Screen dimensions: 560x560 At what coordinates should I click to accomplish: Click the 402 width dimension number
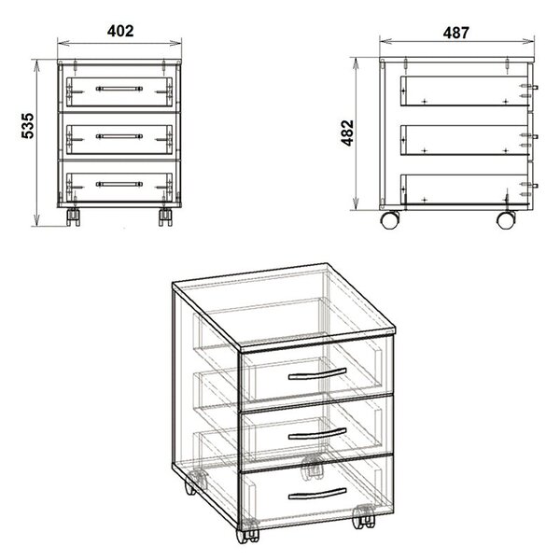tap(120, 31)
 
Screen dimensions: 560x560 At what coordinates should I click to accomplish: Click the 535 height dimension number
tap(28, 126)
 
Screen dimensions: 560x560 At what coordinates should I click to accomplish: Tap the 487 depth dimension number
tap(455, 33)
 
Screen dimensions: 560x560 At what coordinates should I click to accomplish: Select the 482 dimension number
tap(347, 133)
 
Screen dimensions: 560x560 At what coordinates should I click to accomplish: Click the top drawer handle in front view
tap(119, 89)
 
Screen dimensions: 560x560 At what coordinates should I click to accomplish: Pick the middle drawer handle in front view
tap(119, 136)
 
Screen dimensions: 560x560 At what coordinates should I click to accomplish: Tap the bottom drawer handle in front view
tap(119, 184)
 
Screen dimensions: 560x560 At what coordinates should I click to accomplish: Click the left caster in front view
tap(73, 217)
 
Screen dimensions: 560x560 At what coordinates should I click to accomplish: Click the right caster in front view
tap(165, 217)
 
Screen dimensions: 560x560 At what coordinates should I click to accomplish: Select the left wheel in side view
tap(390, 219)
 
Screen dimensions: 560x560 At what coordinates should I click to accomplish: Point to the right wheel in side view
tap(506, 219)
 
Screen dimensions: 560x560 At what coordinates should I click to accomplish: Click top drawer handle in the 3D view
tap(317, 373)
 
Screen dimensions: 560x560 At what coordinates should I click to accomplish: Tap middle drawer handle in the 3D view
tap(317, 434)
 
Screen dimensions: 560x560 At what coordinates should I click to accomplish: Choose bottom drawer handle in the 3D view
tap(317, 493)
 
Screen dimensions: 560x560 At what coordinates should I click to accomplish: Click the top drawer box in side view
tap(464, 91)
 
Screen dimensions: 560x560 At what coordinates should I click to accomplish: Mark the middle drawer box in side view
tap(464, 140)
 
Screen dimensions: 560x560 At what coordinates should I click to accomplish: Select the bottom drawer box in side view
tap(464, 189)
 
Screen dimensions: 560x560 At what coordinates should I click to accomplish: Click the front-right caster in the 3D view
tap(364, 517)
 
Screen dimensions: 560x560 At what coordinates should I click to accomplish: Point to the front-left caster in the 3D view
tap(247, 531)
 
